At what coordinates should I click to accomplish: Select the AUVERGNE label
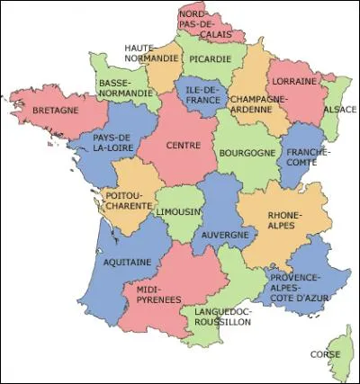(224, 235)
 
